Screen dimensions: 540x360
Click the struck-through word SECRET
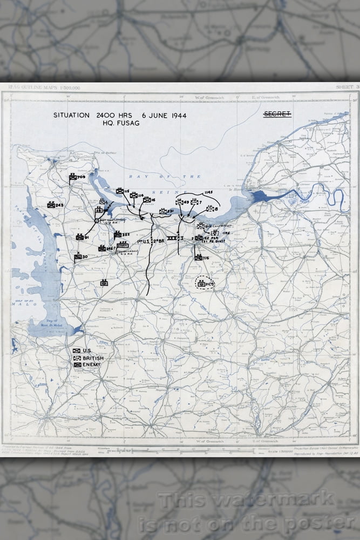[277, 114]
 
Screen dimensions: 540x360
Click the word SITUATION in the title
[71, 115]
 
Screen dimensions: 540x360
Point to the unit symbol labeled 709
[73, 177]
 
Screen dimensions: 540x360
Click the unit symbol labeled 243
[51, 205]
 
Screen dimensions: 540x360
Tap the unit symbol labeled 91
[79, 237]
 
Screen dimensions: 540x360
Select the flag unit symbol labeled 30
[78, 256]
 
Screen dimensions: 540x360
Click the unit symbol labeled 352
[118, 234]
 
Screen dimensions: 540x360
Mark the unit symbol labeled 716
[199, 258]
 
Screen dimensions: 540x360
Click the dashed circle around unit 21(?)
[205, 283]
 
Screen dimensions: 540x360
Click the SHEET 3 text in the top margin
[347, 86]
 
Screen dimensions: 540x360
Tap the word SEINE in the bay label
[160, 191]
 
